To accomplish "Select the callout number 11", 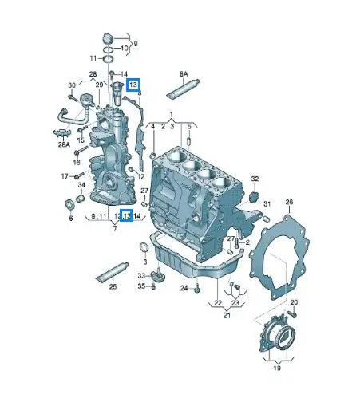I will click(93, 58).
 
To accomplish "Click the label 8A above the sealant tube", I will click(184, 73).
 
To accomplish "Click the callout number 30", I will click(72, 85).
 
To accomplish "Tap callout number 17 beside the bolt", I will click(66, 175).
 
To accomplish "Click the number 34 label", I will click(81, 185).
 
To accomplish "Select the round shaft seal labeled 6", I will click(69, 208).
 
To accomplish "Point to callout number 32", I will click(255, 179).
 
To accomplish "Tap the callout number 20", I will click(294, 302).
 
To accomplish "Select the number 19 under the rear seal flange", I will click(277, 370).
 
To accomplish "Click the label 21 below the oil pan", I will click(227, 316).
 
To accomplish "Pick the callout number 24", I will click(184, 288).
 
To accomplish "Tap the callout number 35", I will click(140, 286).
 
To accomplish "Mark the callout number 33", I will click(140, 275).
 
